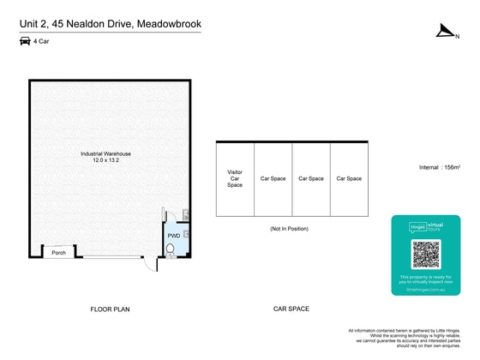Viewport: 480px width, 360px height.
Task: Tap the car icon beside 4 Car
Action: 23,41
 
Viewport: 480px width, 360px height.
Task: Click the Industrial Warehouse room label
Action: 105,153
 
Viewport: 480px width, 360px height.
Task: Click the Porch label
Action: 58,253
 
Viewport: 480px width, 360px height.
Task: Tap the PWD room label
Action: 174,235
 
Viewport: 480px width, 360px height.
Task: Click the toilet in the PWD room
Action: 171,249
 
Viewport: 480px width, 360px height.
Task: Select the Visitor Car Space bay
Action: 235,178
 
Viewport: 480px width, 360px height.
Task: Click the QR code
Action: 426,254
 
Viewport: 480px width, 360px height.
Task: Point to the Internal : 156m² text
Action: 441,167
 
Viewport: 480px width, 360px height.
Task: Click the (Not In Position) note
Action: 289,229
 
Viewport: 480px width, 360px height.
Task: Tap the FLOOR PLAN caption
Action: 111,309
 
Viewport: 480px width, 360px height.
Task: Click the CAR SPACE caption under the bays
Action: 291,309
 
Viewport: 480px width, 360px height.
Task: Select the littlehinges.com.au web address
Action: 426,291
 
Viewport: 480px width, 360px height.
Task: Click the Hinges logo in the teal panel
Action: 417,227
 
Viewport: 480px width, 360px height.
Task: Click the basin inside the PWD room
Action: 186,232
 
